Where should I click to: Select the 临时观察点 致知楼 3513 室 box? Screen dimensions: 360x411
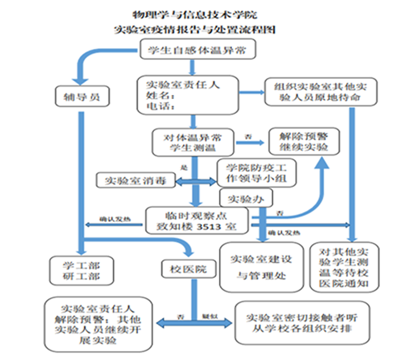coord(197,220)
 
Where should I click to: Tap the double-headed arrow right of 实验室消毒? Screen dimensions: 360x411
coord(196,181)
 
